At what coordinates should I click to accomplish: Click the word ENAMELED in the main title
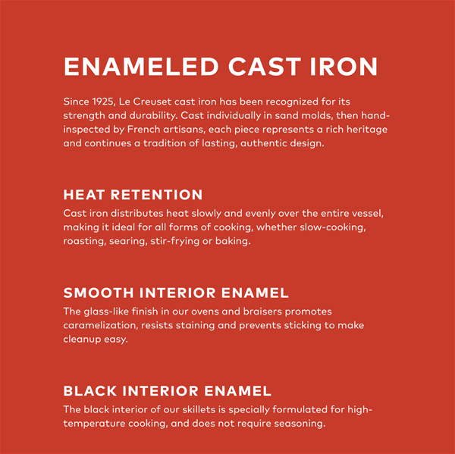pyautogui.click(x=141, y=67)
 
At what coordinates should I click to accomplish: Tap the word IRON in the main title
pyautogui.click(x=344, y=67)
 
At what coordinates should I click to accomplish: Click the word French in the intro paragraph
pyautogui.click(x=143, y=130)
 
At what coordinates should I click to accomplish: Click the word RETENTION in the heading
pyautogui.click(x=156, y=195)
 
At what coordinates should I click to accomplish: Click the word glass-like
pyautogui.click(x=106, y=312)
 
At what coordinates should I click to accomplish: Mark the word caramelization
pyautogui.click(x=100, y=325)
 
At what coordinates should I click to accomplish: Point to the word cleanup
pyautogui.click(x=82, y=340)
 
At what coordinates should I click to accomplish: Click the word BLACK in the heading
pyautogui.click(x=90, y=391)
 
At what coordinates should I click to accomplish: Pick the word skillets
pyautogui.click(x=199, y=409)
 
